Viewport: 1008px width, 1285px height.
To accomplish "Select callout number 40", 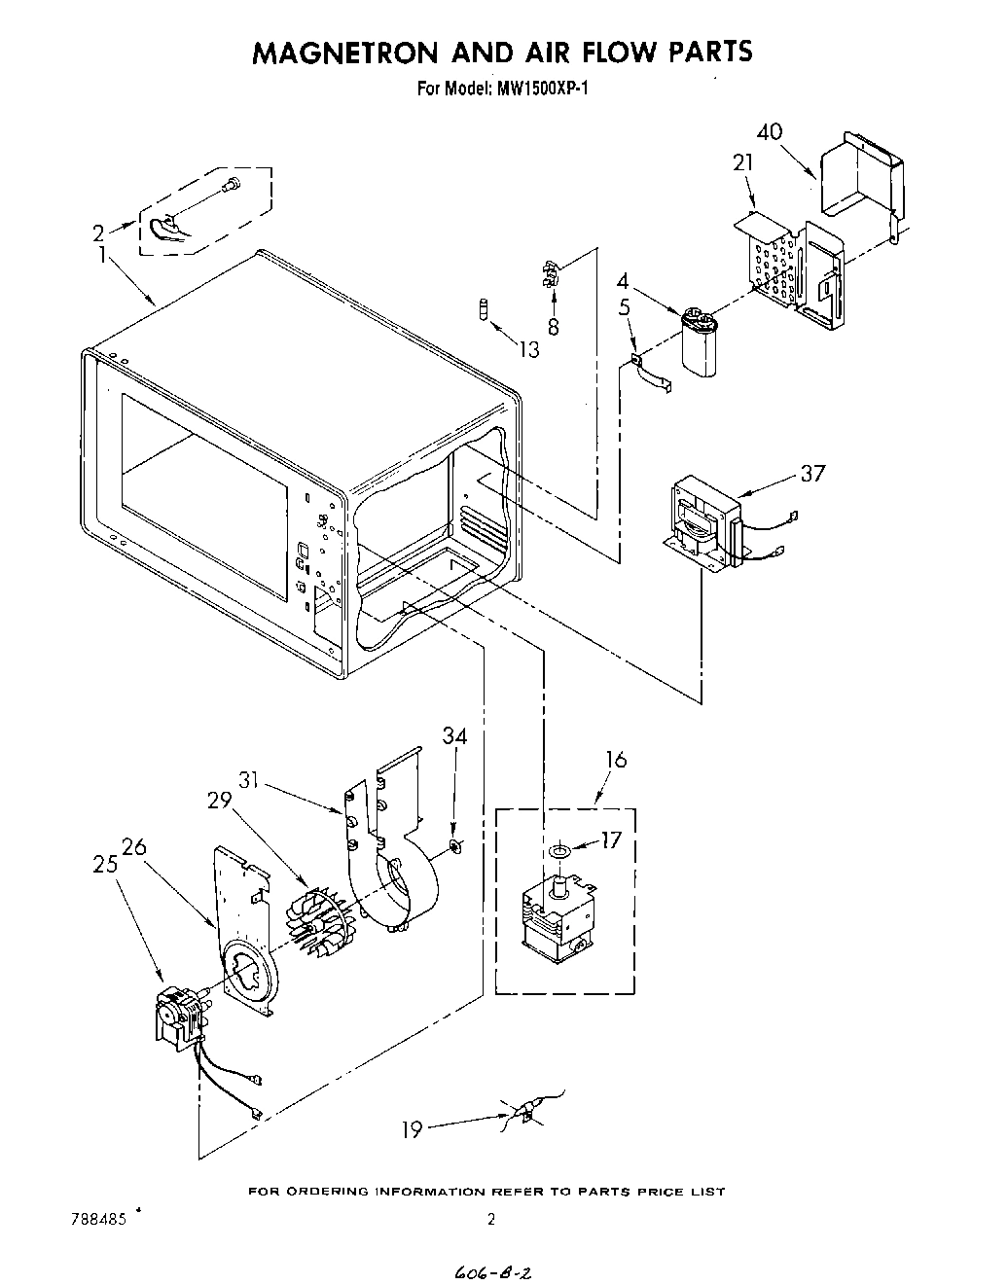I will pyautogui.click(x=769, y=132).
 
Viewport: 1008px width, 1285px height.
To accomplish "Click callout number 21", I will pyautogui.click(x=743, y=163).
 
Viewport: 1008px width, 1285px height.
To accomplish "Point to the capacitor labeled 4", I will pyautogui.click(x=699, y=339).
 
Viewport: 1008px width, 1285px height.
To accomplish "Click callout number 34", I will pyautogui.click(x=454, y=736).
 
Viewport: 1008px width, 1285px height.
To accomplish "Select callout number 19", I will pyautogui.click(x=413, y=1129).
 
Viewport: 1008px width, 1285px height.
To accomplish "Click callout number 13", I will pyautogui.click(x=528, y=349).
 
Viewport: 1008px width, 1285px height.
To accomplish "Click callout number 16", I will pyautogui.click(x=616, y=760).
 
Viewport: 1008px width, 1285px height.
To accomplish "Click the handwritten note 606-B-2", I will pyautogui.click(x=496, y=1273).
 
